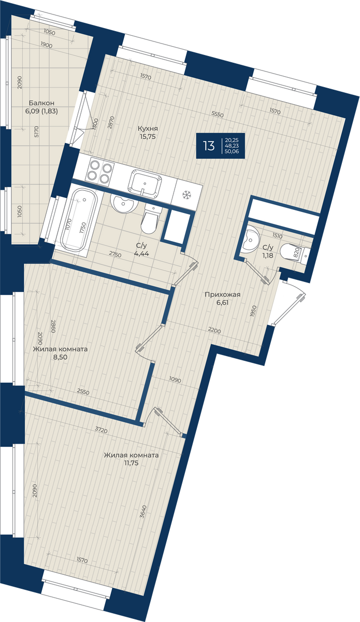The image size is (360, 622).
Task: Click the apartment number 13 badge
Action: point(209,146)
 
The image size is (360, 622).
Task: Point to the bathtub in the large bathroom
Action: point(79,220)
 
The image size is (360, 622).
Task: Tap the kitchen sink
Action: point(145,183)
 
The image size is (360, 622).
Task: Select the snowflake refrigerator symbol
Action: point(185,195)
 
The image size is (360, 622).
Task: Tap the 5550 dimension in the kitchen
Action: point(218,114)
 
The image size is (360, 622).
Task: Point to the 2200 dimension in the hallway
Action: point(214,331)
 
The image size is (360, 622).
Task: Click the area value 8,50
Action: point(61,357)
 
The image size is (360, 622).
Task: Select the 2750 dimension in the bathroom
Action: point(115,255)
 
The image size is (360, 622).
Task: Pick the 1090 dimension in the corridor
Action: point(175,380)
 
